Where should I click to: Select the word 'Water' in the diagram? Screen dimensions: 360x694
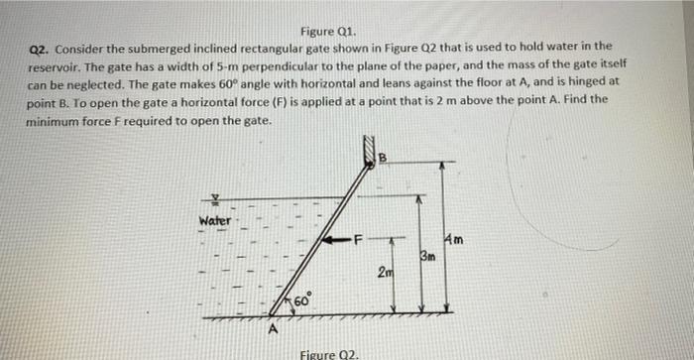point(214,219)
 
